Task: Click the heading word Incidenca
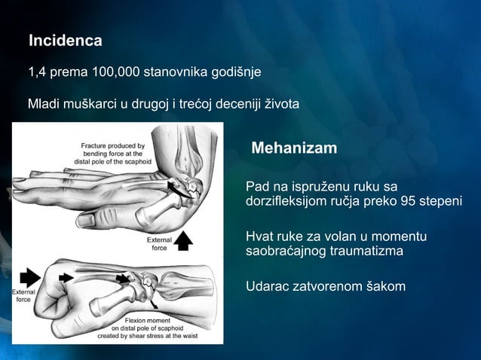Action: coord(65,39)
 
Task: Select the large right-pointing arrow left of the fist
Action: coord(33,276)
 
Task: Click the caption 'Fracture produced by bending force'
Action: coord(113,153)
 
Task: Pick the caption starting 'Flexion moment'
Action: coord(149,328)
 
